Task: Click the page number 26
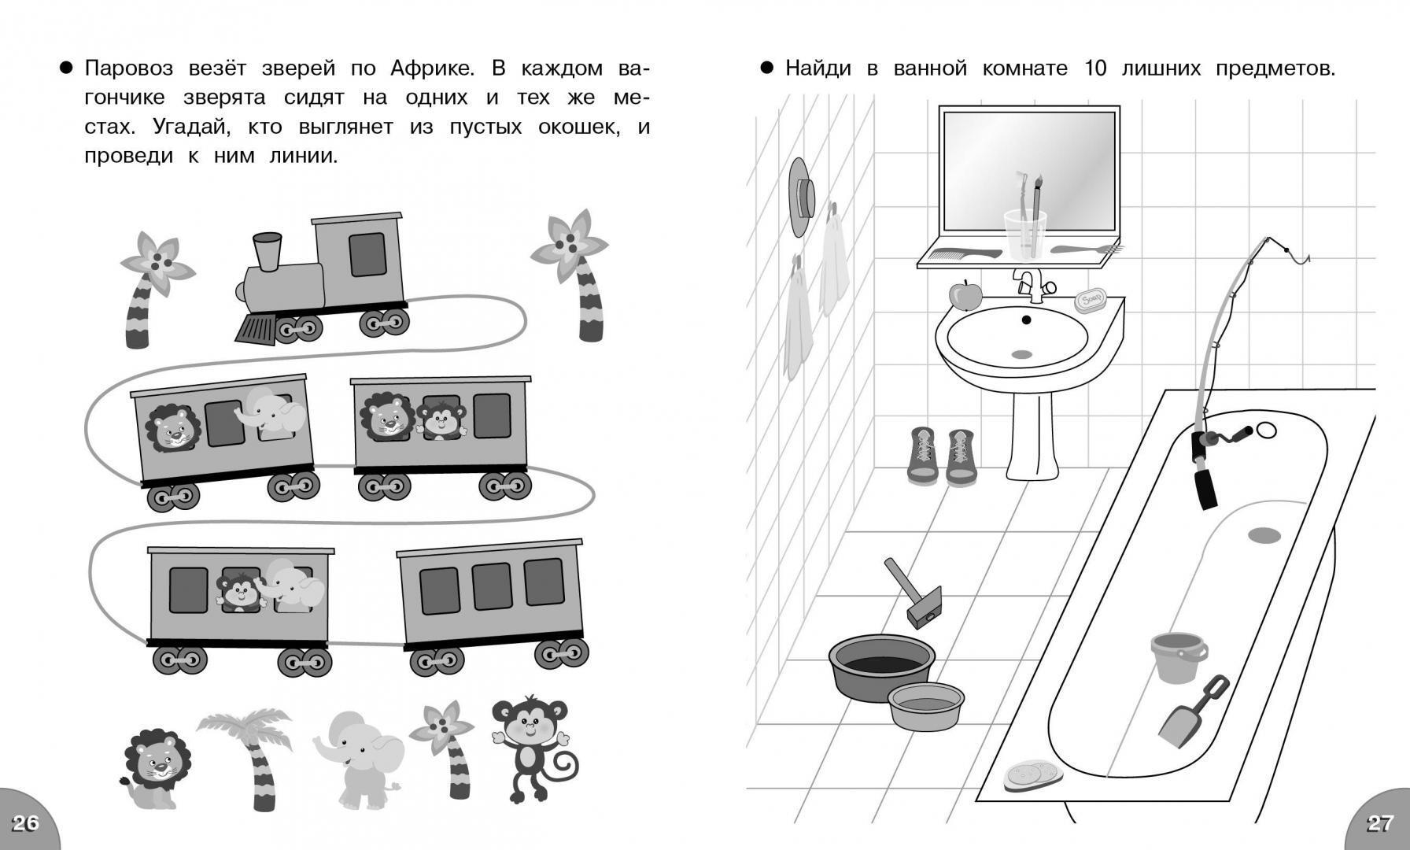click(25, 823)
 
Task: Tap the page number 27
click(1380, 823)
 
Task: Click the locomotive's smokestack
click(268, 249)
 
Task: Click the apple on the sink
click(965, 295)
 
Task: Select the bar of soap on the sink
click(1091, 300)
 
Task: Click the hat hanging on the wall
click(801, 197)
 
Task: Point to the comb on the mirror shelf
click(965, 253)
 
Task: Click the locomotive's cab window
click(367, 254)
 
